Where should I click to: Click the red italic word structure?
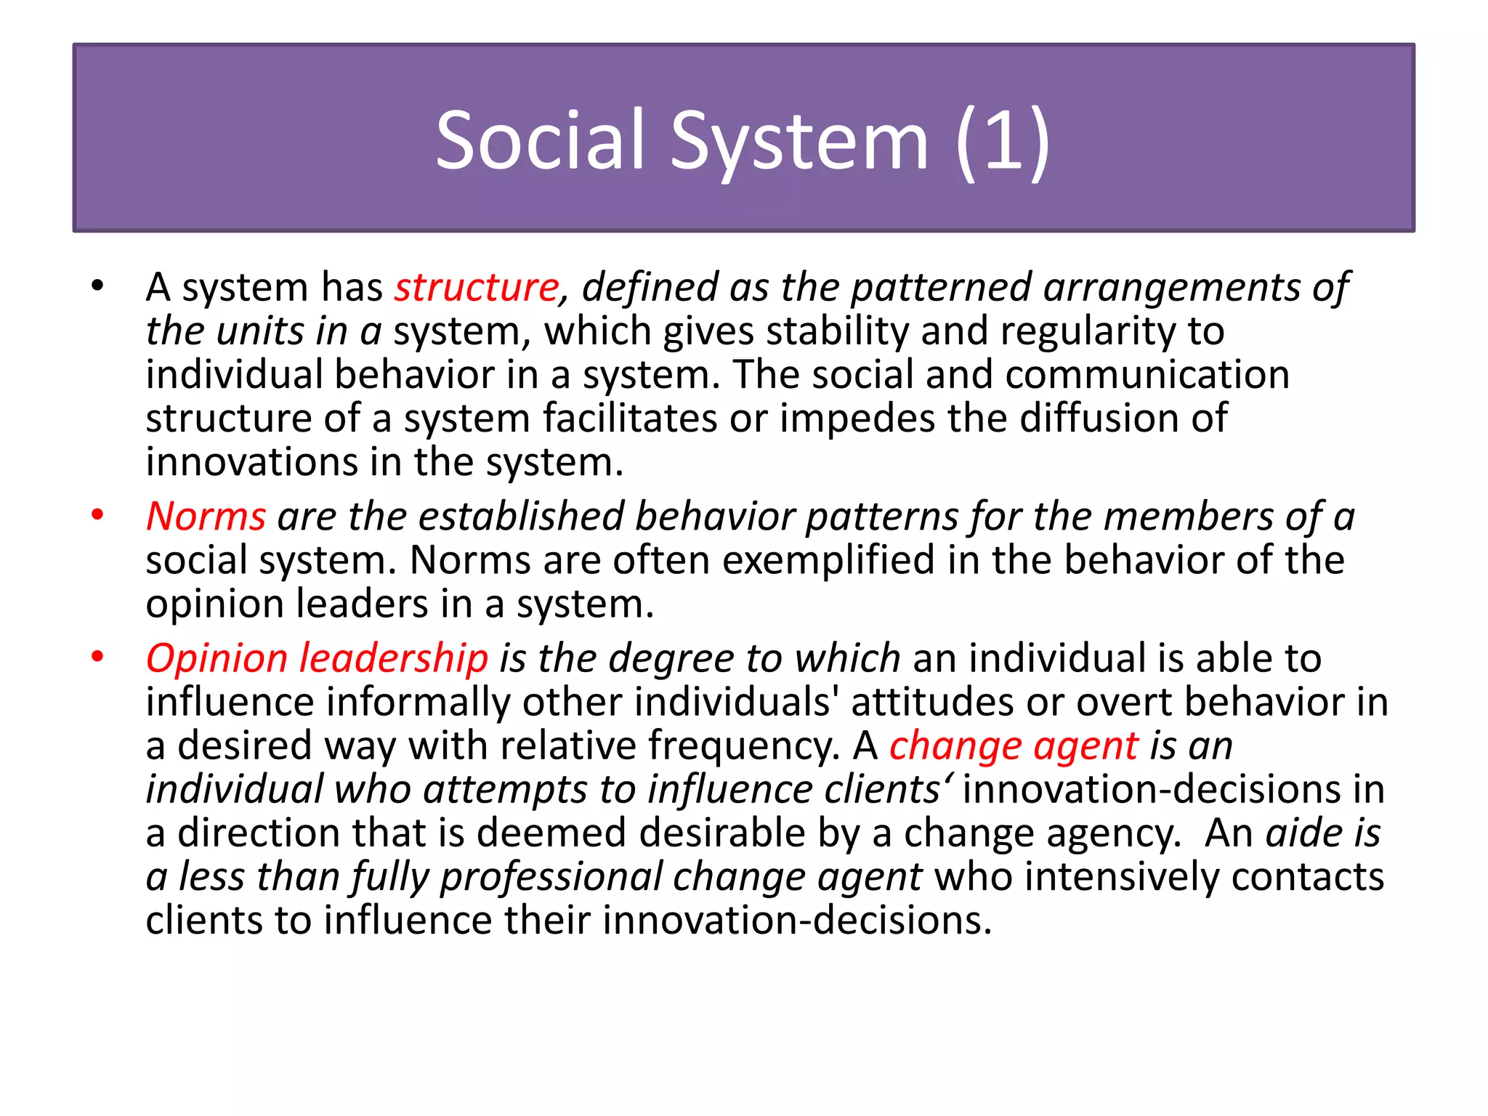pyautogui.click(x=477, y=287)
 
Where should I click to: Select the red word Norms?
pyautogui.click(x=206, y=517)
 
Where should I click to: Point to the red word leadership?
pyautogui.click(x=393, y=659)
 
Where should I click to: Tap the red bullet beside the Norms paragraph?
pyautogui.click(x=98, y=515)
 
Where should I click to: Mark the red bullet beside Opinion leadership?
pyautogui.click(x=98, y=657)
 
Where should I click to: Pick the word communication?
pyautogui.click(x=1147, y=375)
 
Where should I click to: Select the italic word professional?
pyautogui.click(x=551, y=877)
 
